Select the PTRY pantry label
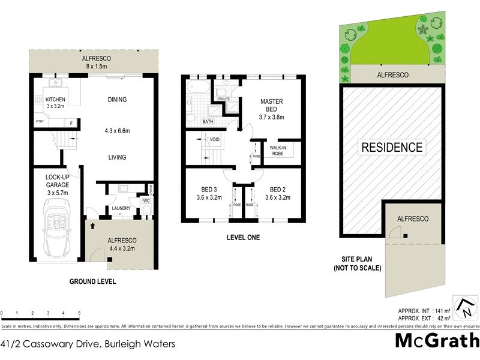pos(39,122)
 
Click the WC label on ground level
pos(146,200)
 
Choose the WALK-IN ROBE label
pos(278,149)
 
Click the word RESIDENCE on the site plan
pos(392,147)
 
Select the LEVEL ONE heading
pos(243,238)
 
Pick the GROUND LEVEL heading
pos(92,281)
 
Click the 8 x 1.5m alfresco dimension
pos(97,66)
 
